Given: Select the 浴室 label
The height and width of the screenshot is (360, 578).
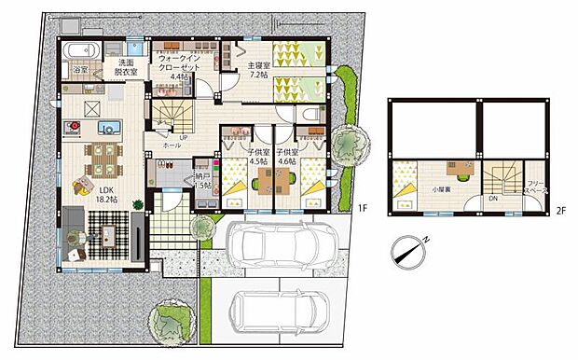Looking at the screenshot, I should [80, 69].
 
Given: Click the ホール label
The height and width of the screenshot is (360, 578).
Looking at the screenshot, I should [172, 146].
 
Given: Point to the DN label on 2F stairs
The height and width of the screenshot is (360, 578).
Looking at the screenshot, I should [493, 198].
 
